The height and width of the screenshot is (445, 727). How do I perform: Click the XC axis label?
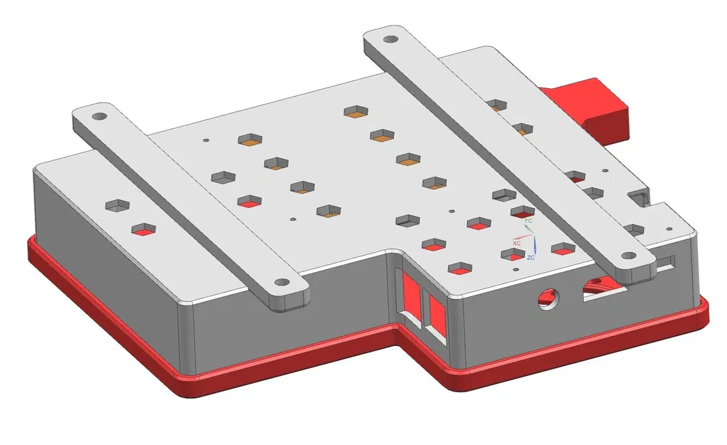(x=517, y=244)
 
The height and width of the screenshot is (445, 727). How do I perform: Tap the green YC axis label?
(x=528, y=221)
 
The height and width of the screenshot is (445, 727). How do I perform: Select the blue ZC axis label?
(x=531, y=257)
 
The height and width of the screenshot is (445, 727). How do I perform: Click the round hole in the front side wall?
(x=547, y=297)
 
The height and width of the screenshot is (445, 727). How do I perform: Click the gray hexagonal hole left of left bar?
(x=117, y=206)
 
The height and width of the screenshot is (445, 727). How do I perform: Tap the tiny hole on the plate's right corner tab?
(x=668, y=227)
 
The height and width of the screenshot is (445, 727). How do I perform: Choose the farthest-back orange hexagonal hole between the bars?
(x=355, y=111)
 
